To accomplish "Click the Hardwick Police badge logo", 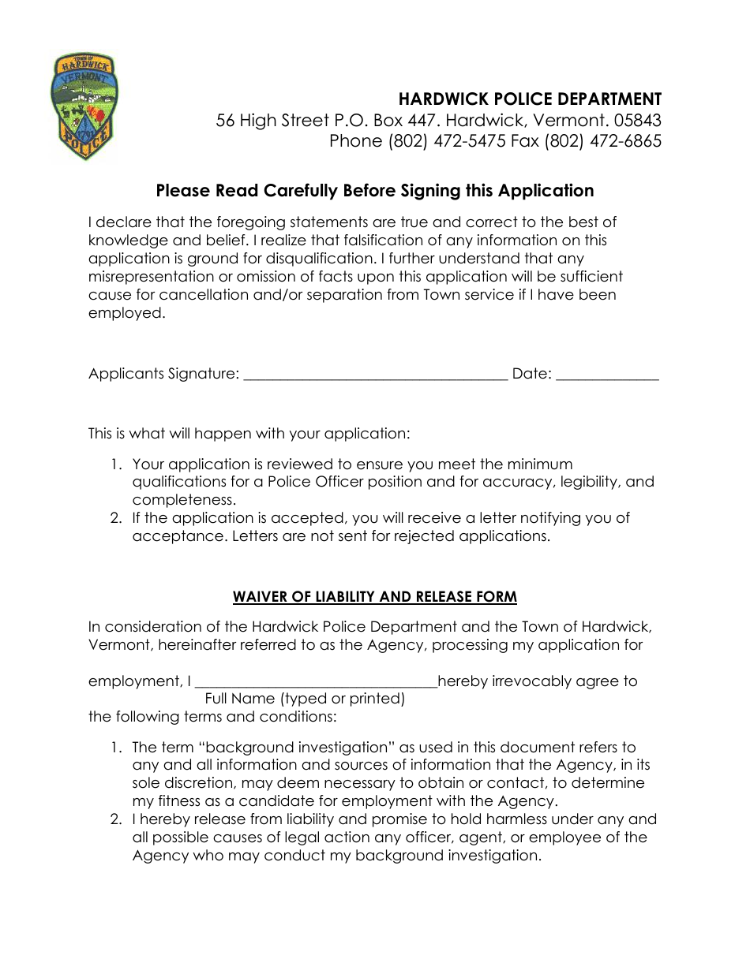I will tap(84, 106).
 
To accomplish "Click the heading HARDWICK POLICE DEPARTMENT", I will tap(530, 99).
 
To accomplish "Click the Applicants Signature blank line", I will tap(375, 377).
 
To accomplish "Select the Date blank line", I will tap(607, 377).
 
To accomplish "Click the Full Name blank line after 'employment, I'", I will tap(315, 684).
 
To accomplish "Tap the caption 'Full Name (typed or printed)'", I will tap(305, 699).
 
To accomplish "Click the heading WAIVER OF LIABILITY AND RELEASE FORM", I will tap(375, 597).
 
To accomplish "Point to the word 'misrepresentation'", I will tap(151, 277).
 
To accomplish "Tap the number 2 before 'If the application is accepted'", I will tap(115, 518).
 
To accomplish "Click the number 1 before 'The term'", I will tap(115, 747).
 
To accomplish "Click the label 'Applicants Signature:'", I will tap(163, 374).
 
